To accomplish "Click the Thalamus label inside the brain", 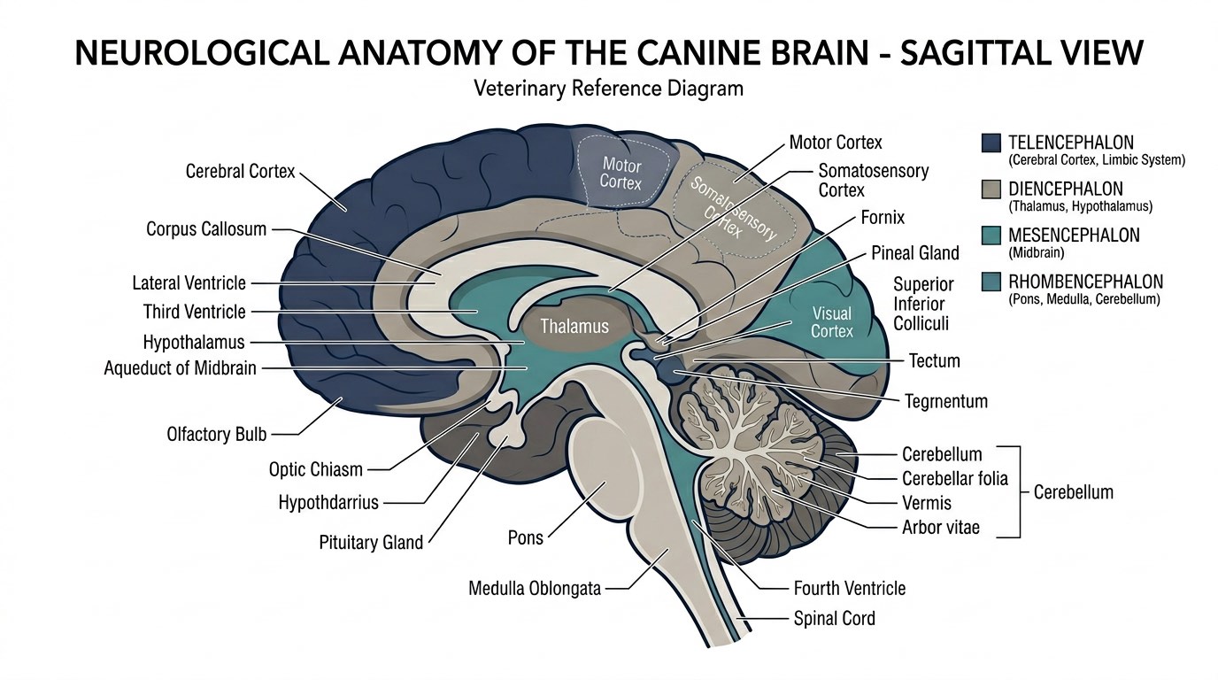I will tap(574, 327).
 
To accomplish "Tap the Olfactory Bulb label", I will tap(216, 435).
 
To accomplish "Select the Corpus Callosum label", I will tap(206, 229).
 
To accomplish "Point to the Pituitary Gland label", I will tap(371, 542).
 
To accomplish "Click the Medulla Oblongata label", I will tap(535, 588).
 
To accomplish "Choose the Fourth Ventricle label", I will tap(849, 588).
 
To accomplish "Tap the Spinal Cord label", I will tap(834, 618).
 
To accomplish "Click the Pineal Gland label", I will tap(914, 253).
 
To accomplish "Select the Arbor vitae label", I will tap(940, 528).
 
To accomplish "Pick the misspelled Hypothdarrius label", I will tap(328, 503).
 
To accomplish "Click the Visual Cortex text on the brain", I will tap(832, 322).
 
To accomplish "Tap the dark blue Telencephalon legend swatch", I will tap(991, 143).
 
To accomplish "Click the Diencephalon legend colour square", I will tap(991, 189).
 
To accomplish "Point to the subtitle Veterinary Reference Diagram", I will tap(608, 89).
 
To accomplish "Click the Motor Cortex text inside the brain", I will tap(621, 172).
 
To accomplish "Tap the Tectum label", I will tap(934, 360).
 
